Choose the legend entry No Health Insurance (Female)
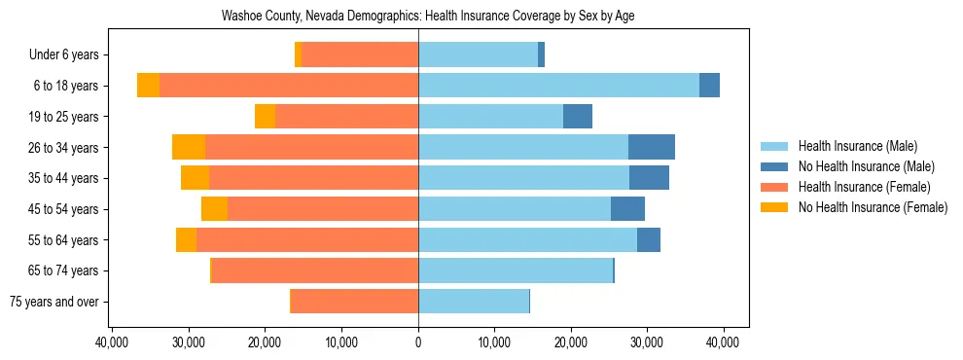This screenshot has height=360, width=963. (873, 207)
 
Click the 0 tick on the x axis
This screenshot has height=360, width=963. (418, 342)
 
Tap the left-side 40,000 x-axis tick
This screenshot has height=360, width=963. (114, 342)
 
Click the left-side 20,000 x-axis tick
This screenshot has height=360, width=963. (266, 342)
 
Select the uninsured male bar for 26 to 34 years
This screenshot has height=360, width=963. (652, 147)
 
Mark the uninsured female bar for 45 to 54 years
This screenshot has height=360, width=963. (214, 209)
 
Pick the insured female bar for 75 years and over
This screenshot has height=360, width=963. (355, 302)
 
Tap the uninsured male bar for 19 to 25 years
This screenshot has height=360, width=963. (578, 117)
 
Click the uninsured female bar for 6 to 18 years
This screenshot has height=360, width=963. (148, 86)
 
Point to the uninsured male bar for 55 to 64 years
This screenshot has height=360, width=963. (649, 239)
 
